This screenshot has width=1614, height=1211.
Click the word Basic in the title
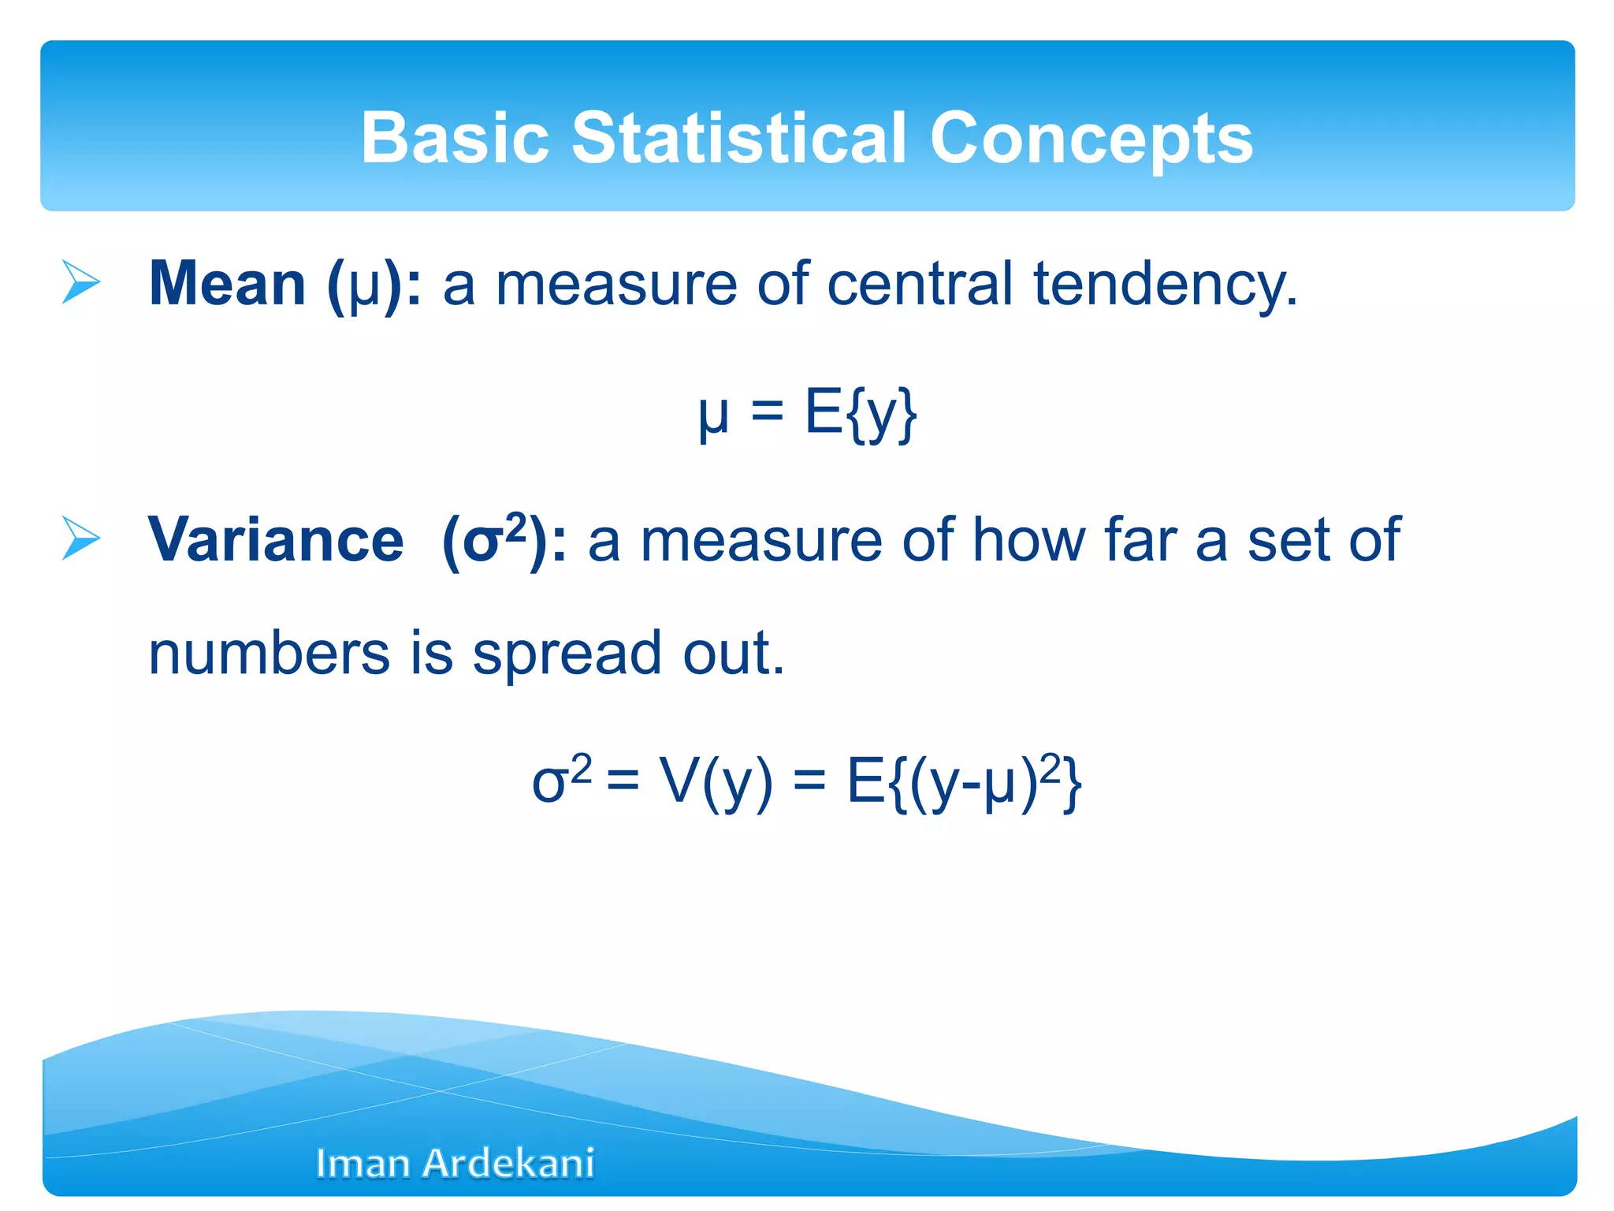pyautogui.click(x=455, y=138)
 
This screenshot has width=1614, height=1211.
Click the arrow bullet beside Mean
pyautogui.click(x=81, y=282)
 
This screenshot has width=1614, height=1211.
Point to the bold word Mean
pyautogui.click(x=227, y=284)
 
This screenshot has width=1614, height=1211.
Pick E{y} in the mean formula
pyautogui.click(x=861, y=413)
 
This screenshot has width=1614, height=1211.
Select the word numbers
pyautogui.click(x=269, y=654)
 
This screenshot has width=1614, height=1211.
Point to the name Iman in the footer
pyautogui.click(x=363, y=1164)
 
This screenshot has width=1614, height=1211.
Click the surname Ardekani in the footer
pyautogui.click(x=508, y=1164)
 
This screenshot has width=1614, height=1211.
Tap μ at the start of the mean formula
pyautogui.click(x=713, y=415)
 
